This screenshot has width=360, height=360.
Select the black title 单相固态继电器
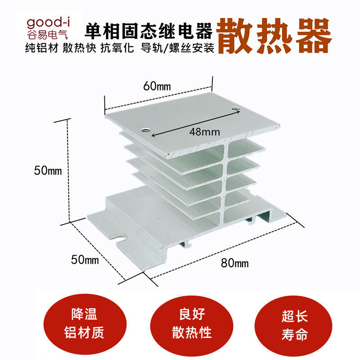tap(148, 32)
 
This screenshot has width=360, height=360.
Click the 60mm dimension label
tap(153, 86)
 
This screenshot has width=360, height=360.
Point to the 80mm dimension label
tap(234, 263)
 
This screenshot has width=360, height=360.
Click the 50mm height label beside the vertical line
tap(48, 171)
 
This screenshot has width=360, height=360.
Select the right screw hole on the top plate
tap(235, 109)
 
